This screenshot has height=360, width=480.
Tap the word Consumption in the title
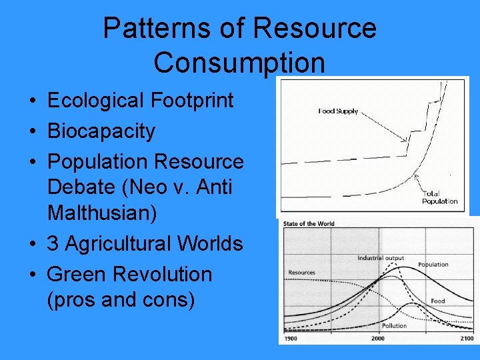239,62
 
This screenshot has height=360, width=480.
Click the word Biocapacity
101,131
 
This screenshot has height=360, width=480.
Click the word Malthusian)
102,213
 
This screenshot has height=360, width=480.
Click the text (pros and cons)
121,300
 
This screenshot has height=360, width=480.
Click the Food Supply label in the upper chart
338,111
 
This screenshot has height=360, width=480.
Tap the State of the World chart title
309,223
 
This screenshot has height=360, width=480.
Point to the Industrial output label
381,258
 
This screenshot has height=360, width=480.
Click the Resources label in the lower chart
302,272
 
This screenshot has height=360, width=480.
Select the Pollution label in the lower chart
394,326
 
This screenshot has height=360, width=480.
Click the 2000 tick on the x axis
378,339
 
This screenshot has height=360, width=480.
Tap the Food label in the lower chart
437,301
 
